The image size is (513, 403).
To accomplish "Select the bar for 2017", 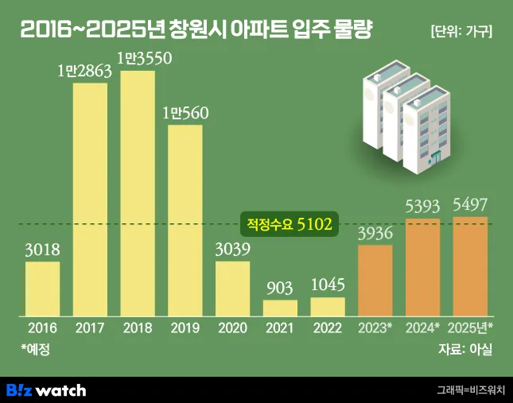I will click(x=90, y=199).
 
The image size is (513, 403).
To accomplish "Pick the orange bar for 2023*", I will click(x=375, y=281).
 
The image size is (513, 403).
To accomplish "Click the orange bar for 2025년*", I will click(x=470, y=266).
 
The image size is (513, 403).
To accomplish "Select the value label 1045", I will click(x=328, y=285).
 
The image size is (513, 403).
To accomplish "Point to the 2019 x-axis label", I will click(x=185, y=327).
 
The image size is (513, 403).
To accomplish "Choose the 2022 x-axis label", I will click(x=328, y=327).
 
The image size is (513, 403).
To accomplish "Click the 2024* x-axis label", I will click(x=423, y=327).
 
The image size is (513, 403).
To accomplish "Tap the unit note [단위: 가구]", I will click(x=461, y=32).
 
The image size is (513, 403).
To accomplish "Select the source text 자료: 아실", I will click(x=465, y=348).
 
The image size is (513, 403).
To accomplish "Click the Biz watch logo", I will click(x=46, y=389).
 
